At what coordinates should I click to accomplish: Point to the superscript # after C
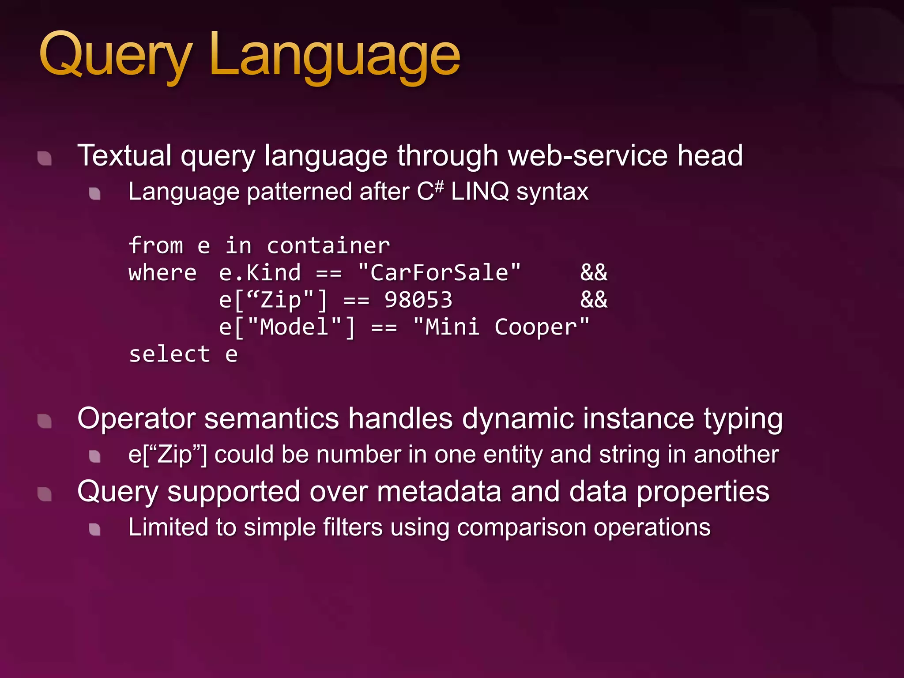coord(438,186)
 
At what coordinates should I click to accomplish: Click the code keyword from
coord(156,245)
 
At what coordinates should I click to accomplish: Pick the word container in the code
coord(328,246)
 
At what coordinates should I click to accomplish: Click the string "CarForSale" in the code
coord(439,273)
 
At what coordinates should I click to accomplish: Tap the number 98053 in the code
coord(418,300)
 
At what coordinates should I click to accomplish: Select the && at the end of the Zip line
coord(594,300)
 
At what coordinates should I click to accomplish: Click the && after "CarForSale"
coord(594,273)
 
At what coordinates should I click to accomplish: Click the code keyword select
coord(169,354)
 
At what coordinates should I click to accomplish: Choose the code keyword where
coord(162,273)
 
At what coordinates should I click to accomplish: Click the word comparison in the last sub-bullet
coord(521,527)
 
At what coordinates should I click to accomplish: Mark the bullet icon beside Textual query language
coord(45,158)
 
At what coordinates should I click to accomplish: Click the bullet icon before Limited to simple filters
coord(94,529)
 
